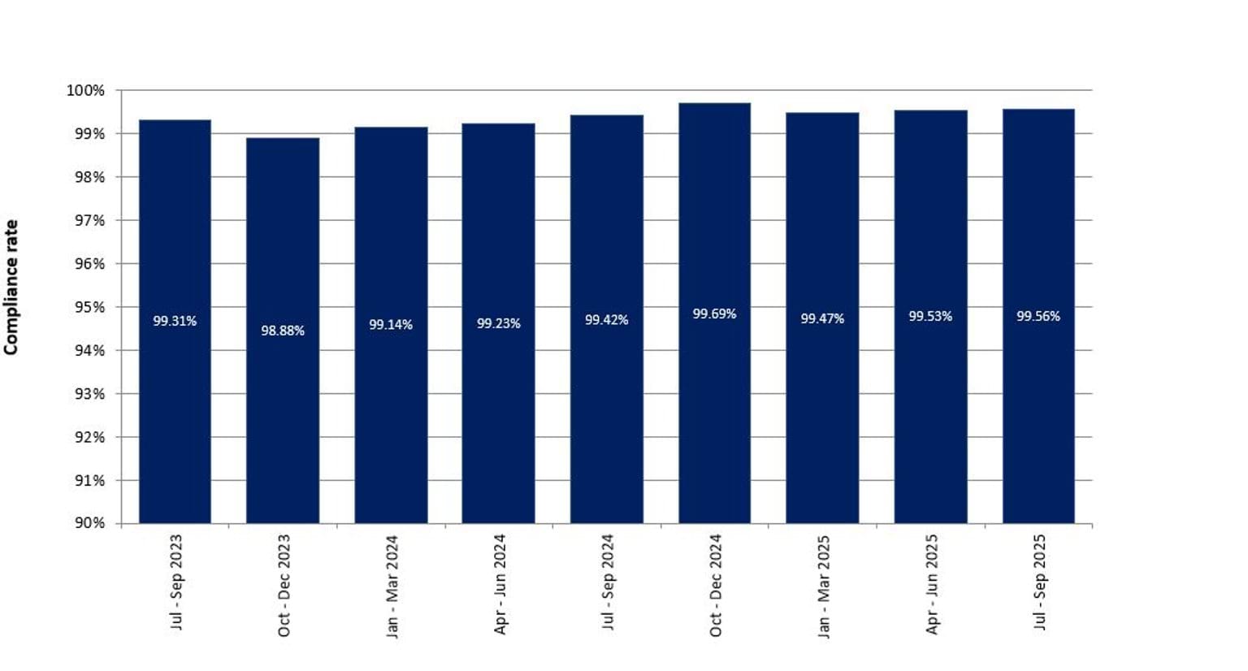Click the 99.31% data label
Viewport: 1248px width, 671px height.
175,321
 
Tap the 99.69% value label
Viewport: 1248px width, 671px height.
714,314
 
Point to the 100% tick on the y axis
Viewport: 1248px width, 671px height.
85,90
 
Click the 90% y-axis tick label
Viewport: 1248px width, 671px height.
89,523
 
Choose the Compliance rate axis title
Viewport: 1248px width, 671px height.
11,288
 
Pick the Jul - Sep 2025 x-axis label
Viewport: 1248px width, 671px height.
1039,582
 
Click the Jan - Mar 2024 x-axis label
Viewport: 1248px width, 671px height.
392,586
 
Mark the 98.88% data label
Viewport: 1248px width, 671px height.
283,331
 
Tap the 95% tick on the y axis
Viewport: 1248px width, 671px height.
89,307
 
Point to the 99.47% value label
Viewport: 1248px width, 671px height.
822,318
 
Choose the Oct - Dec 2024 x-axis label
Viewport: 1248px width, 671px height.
715,585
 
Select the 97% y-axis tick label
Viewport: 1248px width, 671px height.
89,220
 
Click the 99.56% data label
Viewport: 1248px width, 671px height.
1038,316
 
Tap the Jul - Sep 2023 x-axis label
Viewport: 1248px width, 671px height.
176,582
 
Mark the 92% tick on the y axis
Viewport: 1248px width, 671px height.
89,437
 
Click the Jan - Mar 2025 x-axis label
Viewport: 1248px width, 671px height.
823,586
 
